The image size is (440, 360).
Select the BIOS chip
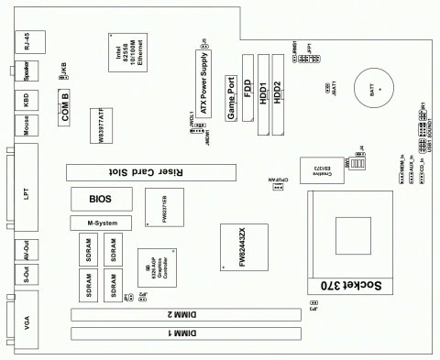point(99,198)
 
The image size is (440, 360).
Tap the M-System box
point(100,223)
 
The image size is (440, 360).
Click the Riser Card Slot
point(150,171)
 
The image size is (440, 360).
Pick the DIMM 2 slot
point(187,312)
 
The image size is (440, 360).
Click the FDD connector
point(247,88)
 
